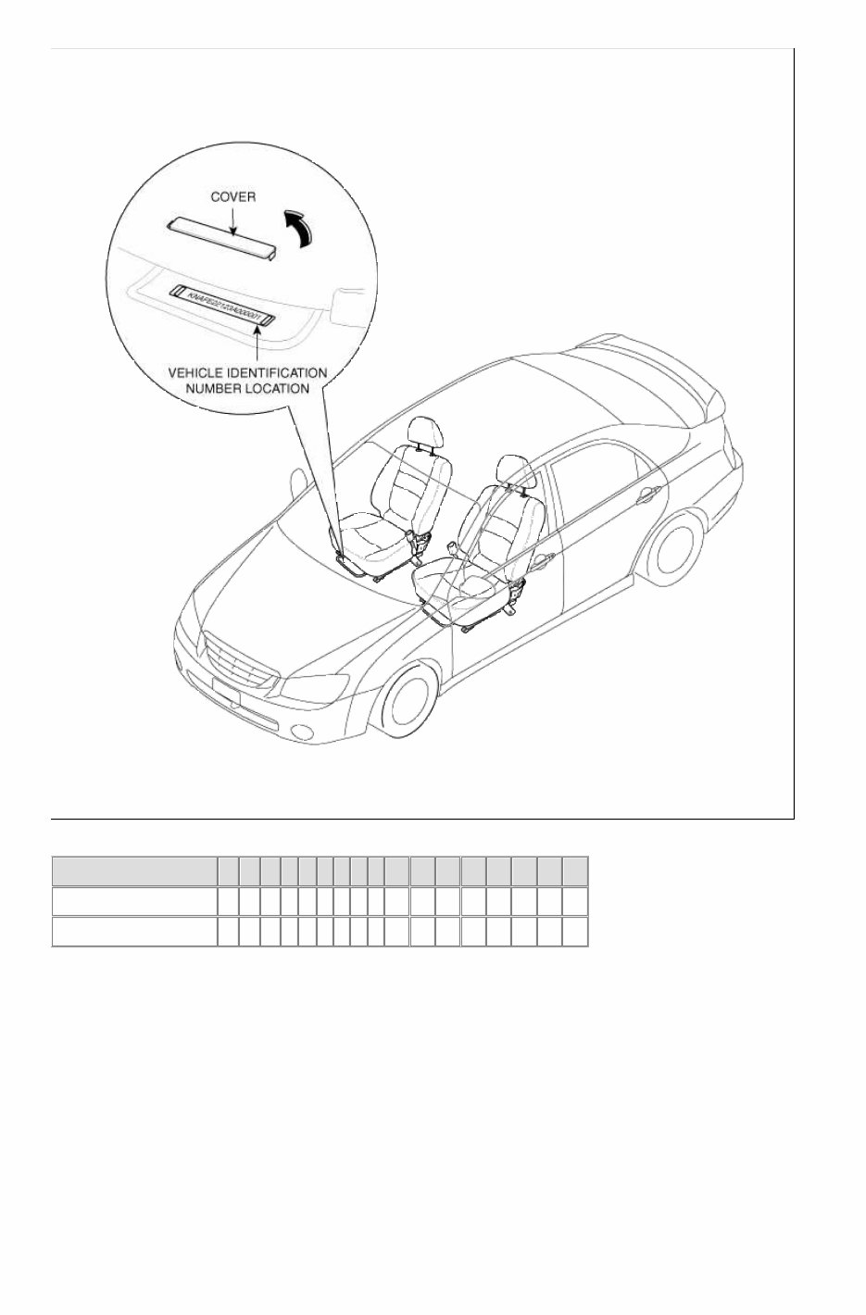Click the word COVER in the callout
pyautogui.click(x=232, y=197)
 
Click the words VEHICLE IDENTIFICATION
pyautogui.click(x=246, y=372)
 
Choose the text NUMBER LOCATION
pyautogui.click(x=247, y=388)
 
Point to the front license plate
pyautogui.click(x=227, y=693)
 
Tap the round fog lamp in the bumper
pyautogui.click(x=302, y=733)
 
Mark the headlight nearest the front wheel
pyautogui.click(x=315, y=686)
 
